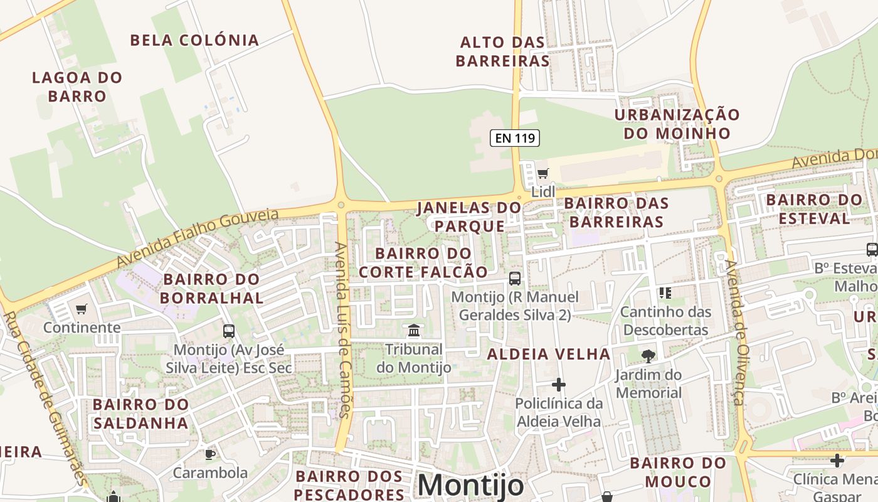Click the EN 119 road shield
pos(514,138)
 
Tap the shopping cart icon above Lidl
pos(542,173)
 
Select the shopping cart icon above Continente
pos(81,309)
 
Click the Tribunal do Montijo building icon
pos(414,330)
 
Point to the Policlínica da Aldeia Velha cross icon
pos(558,384)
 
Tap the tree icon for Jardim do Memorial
pos(648,356)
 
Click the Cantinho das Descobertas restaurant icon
pos(665,292)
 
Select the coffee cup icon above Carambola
pos(210,454)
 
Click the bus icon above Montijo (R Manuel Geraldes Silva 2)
pos(515,278)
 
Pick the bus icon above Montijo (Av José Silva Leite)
pos(229,331)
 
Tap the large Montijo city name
pos(470,485)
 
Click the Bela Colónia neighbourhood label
pos(194,40)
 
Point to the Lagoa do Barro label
pos(77,87)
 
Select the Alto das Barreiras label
pos(502,51)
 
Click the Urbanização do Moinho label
pos(677,124)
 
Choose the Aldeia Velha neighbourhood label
pos(549,354)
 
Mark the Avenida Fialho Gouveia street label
pos(198,238)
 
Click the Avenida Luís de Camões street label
pos(342,329)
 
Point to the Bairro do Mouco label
pos(678,473)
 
